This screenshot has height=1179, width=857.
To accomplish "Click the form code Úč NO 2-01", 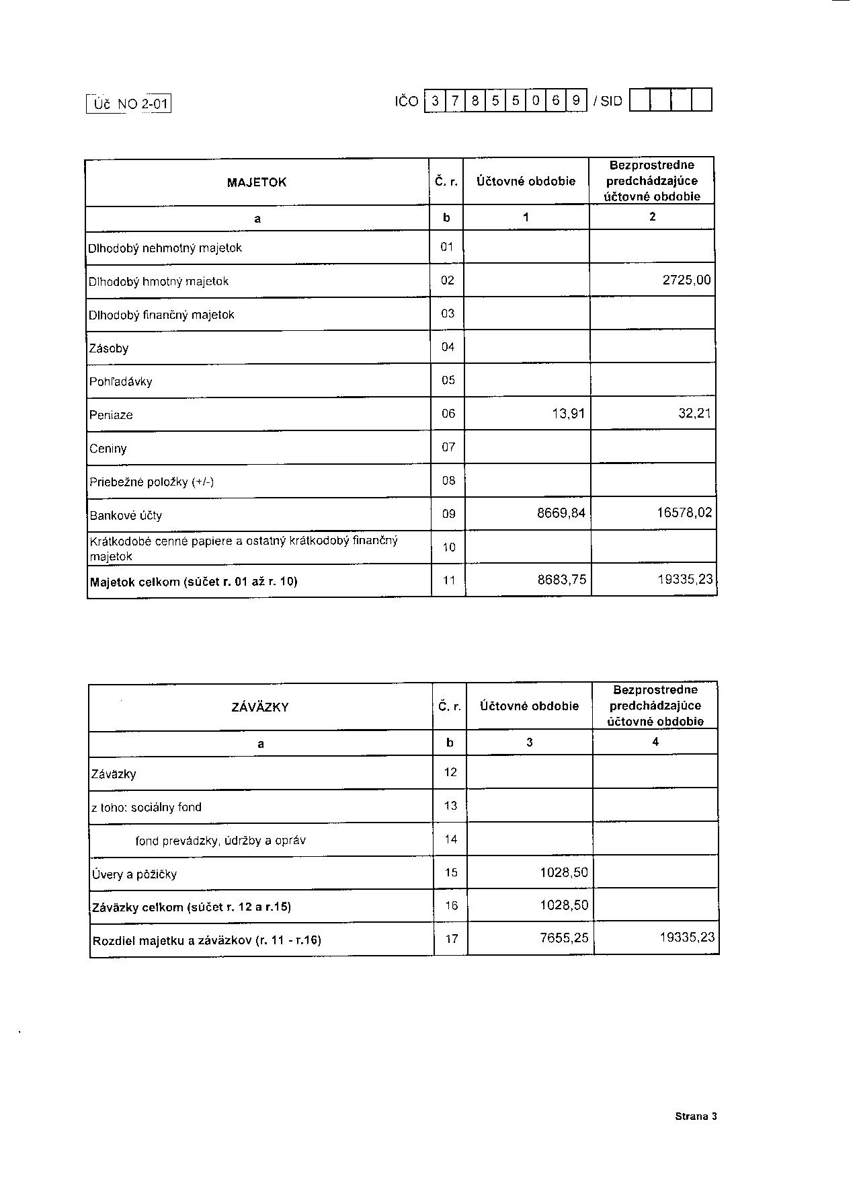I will pos(129,104).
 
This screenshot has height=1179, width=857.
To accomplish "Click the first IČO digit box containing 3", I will pos(435,101).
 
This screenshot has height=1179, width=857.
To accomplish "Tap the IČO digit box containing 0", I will pos(536,101).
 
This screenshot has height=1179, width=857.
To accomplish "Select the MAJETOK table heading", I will pos(257,182).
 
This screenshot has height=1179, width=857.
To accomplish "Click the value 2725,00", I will pos(686,280).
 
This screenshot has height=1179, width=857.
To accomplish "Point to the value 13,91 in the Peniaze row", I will pos(569,414).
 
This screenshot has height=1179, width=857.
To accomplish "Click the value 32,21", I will pos(694,414).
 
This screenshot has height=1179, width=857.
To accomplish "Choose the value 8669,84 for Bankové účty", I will pos(561,514).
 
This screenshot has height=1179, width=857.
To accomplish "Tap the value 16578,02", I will pos(684,513).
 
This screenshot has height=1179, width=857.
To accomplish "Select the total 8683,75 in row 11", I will pos(562,580).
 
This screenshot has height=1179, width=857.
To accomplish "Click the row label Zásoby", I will pos(109,348).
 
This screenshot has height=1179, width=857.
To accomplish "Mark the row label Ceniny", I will pos(108,449).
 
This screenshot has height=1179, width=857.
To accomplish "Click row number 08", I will pos(448,480).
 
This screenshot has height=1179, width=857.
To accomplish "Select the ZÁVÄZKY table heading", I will pos(260,707).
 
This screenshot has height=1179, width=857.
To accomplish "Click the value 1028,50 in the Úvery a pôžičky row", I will pos(564,872).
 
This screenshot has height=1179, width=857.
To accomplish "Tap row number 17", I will pos(451,939).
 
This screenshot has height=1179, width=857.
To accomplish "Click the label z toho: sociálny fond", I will pos(147,807).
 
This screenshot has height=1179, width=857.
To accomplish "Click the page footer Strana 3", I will pos(696,1116).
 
